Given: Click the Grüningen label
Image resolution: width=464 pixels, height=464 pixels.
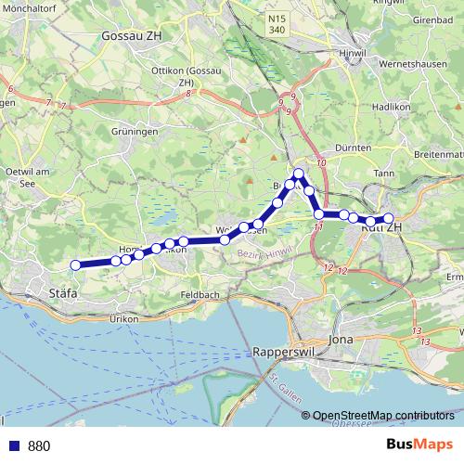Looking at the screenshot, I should click(x=134, y=133).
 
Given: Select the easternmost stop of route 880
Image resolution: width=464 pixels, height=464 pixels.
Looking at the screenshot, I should click(x=389, y=219).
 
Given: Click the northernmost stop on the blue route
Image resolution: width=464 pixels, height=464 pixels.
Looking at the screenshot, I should click(x=299, y=174).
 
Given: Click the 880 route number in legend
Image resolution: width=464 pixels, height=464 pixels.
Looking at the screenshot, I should click(x=38, y=446).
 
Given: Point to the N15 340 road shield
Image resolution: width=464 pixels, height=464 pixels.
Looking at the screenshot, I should click(x=277, y=23).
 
